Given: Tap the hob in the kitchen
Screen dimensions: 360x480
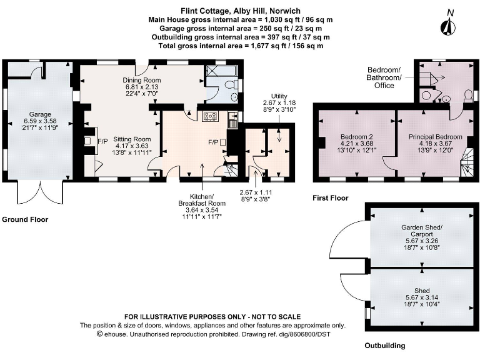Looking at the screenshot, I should point(209,116).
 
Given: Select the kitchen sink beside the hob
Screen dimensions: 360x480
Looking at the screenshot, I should point(232,117).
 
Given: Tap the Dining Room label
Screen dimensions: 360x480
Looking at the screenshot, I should point(143,81).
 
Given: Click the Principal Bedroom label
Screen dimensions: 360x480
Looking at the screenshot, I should point(435,137).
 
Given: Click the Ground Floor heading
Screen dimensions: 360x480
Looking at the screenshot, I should point(25,219).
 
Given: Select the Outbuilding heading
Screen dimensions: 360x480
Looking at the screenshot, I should point(385,345).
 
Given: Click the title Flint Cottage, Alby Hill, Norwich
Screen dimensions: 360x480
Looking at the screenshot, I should point(240,11).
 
